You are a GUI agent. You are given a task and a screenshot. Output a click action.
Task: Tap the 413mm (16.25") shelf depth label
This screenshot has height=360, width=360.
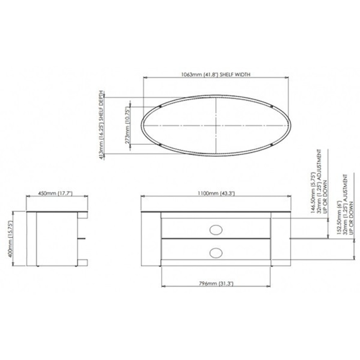click(x=103, y=124)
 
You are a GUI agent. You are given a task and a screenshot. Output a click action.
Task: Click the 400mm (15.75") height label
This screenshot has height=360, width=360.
click(x=11, y=238)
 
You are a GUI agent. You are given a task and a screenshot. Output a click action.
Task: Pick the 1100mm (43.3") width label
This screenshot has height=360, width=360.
click(x=216, y=194)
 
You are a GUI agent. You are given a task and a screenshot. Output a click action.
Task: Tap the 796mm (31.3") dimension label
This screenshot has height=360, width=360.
click(x=216, y=284)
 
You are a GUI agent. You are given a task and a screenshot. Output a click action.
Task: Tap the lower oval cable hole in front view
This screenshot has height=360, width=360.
click(x=216, y=252)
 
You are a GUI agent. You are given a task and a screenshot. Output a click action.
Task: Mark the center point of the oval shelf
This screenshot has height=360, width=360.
click(x=216, y=126)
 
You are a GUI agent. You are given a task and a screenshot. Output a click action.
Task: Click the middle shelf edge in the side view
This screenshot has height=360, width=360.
click(x=82, y=238)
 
